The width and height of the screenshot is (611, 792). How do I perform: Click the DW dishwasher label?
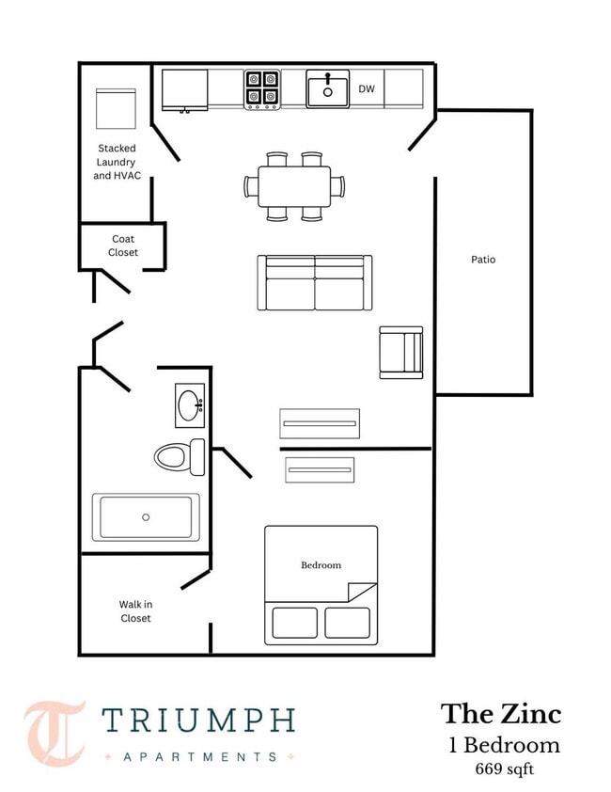[x=367, y=89]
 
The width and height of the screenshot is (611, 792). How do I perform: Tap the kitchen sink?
[x=328, y=89]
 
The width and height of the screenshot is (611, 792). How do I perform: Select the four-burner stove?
[x=262, y=89]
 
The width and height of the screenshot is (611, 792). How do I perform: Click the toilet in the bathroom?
[x=180, y=456]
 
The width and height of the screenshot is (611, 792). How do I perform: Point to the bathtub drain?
[x=146, y=517]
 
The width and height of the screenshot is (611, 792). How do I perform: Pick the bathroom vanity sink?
[x=190, y=405]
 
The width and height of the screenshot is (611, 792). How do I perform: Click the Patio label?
[x=483, y=260]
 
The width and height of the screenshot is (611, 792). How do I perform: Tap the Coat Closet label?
[x=123, y=246]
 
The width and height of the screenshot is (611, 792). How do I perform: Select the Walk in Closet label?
[x=135, y=611]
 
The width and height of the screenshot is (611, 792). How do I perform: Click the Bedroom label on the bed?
[x=321, y=565]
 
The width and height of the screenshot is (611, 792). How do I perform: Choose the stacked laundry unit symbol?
[x=117, y=108]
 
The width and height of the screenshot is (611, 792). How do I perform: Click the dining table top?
[x=294, y=186]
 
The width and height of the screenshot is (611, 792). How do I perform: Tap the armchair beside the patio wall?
[x=401, y=353]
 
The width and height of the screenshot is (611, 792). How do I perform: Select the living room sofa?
[x=315, y=282]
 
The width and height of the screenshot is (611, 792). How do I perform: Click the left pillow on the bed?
[x=295, y=623]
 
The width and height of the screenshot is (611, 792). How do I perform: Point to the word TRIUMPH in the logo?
[x=198, y=721]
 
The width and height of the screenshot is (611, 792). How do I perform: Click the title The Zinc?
[x=501, y=714]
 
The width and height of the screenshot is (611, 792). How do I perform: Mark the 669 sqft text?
[x=504, y=768]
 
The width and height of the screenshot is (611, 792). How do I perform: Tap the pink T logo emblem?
[x=54, y=734]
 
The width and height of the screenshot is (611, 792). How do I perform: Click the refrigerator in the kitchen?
[x=185, y=90]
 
